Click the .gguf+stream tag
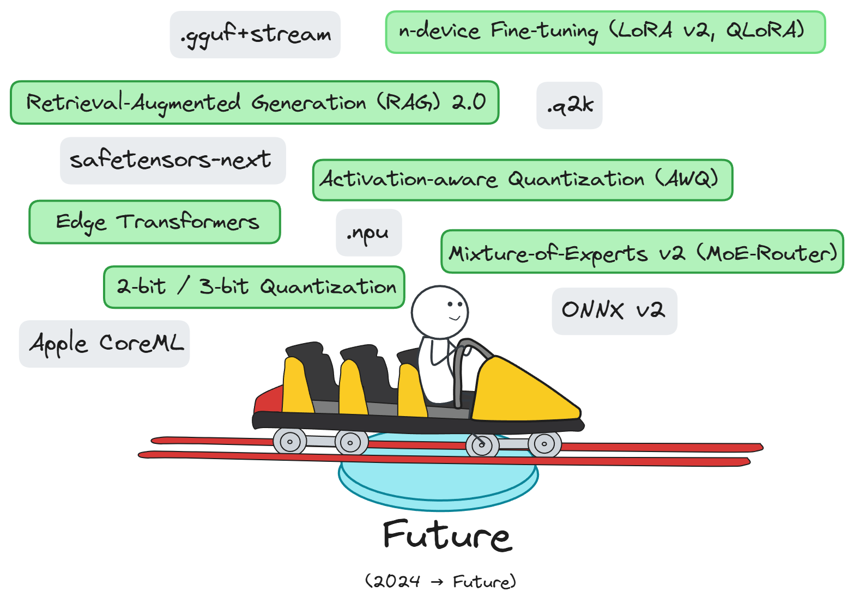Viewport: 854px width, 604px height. point(255,35)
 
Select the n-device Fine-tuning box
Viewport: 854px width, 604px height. point(605,32)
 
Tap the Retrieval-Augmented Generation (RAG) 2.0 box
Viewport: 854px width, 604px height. point(255,102)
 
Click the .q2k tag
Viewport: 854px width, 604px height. point(569,106)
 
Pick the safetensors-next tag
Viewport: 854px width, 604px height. point(173,161)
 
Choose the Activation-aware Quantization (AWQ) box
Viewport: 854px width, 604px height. point(522,180)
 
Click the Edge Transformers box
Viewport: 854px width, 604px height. point(155,222)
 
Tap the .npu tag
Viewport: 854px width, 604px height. point(368,233)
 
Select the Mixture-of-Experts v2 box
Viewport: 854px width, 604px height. point(642,252)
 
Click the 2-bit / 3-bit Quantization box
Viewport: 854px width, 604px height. point(254,287)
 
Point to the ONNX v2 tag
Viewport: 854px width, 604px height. point(614,311)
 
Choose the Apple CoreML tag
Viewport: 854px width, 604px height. point(104,344)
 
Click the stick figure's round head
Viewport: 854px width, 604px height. point(439,312)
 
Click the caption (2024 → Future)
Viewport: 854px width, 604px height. point(440,582)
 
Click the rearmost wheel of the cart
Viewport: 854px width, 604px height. point(289,442)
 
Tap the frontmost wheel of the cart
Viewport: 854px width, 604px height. point(544,444)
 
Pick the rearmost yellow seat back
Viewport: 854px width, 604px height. point(296,386)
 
